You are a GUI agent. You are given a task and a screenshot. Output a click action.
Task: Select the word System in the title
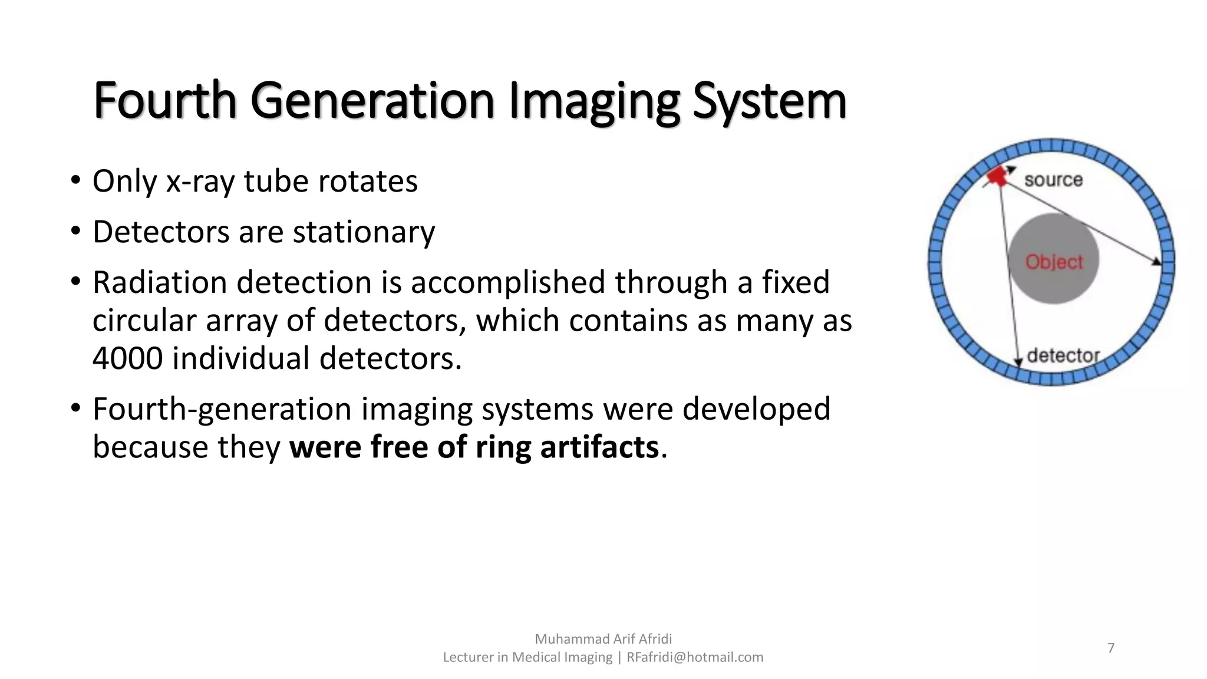[x=769, y=101]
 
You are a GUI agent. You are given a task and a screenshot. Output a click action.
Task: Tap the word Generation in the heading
[x=372, y=101]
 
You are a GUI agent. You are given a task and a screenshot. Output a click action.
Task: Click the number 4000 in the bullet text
[x=127, y=358]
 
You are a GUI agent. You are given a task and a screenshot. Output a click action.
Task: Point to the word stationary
[x=364, y=232]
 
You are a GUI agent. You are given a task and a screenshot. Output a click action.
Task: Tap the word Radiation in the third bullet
[x=160, y=282]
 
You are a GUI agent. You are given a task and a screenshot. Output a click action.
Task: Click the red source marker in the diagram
[x=997, y=176]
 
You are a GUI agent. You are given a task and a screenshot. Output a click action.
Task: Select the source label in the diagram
[x=1053, y=180]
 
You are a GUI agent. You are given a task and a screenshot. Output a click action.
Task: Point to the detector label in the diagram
[x=1063, y=355]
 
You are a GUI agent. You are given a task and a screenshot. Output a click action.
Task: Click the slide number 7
[x=1111, y=648]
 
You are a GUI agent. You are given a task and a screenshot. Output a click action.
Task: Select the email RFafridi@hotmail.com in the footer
[x=694, y=657]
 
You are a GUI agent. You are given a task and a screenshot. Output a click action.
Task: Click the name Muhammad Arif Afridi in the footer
[x=603, y=639]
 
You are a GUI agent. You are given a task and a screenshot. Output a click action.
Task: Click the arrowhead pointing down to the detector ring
[x=1018, y=362]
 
